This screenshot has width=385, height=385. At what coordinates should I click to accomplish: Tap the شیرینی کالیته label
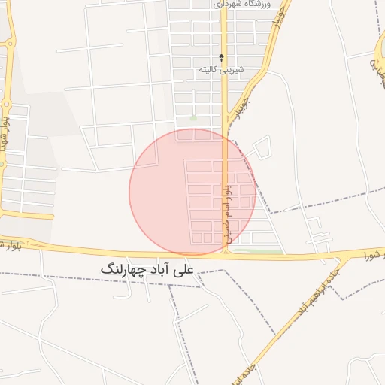click(x=221, y=69)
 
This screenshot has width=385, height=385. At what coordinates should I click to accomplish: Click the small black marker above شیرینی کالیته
click(x=221, y=57)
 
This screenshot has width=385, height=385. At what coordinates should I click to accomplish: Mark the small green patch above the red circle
click(x=194, y=118)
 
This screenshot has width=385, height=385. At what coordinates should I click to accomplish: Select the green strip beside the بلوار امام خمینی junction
click(x=256, y=251)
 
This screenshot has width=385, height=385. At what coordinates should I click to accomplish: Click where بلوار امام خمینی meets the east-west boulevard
click(x=225, y=255)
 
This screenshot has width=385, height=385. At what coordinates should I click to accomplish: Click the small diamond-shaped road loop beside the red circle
click(x=260, y=150)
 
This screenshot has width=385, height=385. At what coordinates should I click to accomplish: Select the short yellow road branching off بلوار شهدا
click(x=26, y=215)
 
